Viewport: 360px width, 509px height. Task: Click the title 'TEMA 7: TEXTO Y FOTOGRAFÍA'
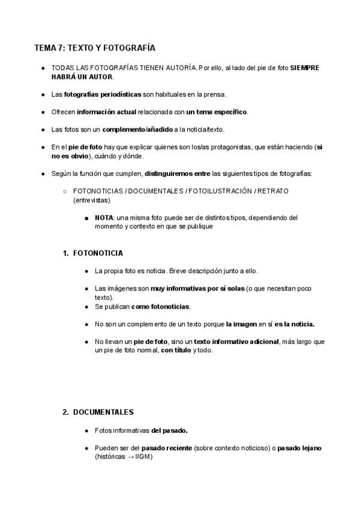pyautogui.click(x=95, y=47)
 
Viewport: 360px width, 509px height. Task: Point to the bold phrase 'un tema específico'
pyautogui.click(x=216, y=112)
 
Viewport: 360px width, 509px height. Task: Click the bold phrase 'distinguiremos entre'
pyautogui.click(x=177, y=173)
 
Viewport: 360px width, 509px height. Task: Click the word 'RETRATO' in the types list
pyautogui.click(x=272, y=191)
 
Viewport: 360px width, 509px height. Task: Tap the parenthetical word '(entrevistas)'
pyautogui.click(x=91, y=200)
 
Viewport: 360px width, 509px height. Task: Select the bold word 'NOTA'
pyautogui.click(x=104, y=218)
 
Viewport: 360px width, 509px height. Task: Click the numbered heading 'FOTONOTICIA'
pyautogui.click(x=98, y=253)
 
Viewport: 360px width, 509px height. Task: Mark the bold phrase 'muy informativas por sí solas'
pyautogui.click(x=197, y=289)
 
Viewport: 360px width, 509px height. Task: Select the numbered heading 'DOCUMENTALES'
pyautogui.click(x=103, y=412)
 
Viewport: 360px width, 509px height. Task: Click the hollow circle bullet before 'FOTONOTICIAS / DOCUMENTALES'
pyautogui.click(x=64, y=191)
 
